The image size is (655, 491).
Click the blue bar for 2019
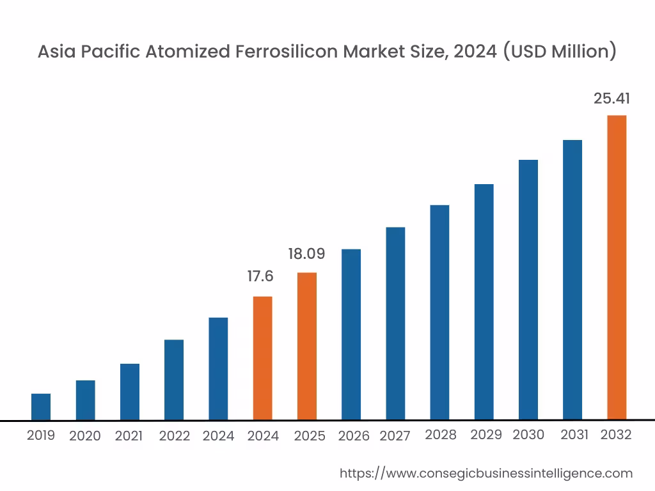41,407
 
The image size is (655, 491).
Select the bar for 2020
85,400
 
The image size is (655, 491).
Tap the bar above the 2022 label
174,380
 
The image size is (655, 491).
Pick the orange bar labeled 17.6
263,358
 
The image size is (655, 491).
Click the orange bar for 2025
307,347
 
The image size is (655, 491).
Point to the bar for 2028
439,313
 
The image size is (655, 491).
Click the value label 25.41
612,98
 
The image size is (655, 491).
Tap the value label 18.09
306,254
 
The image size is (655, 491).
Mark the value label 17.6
260,276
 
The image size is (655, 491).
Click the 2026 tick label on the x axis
354,436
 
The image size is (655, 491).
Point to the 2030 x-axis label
528,435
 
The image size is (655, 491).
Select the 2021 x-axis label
129,436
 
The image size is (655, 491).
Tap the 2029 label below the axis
486,435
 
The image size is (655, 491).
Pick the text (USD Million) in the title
560,52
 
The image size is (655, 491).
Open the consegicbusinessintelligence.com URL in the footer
485,473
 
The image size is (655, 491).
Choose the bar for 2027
395,323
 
